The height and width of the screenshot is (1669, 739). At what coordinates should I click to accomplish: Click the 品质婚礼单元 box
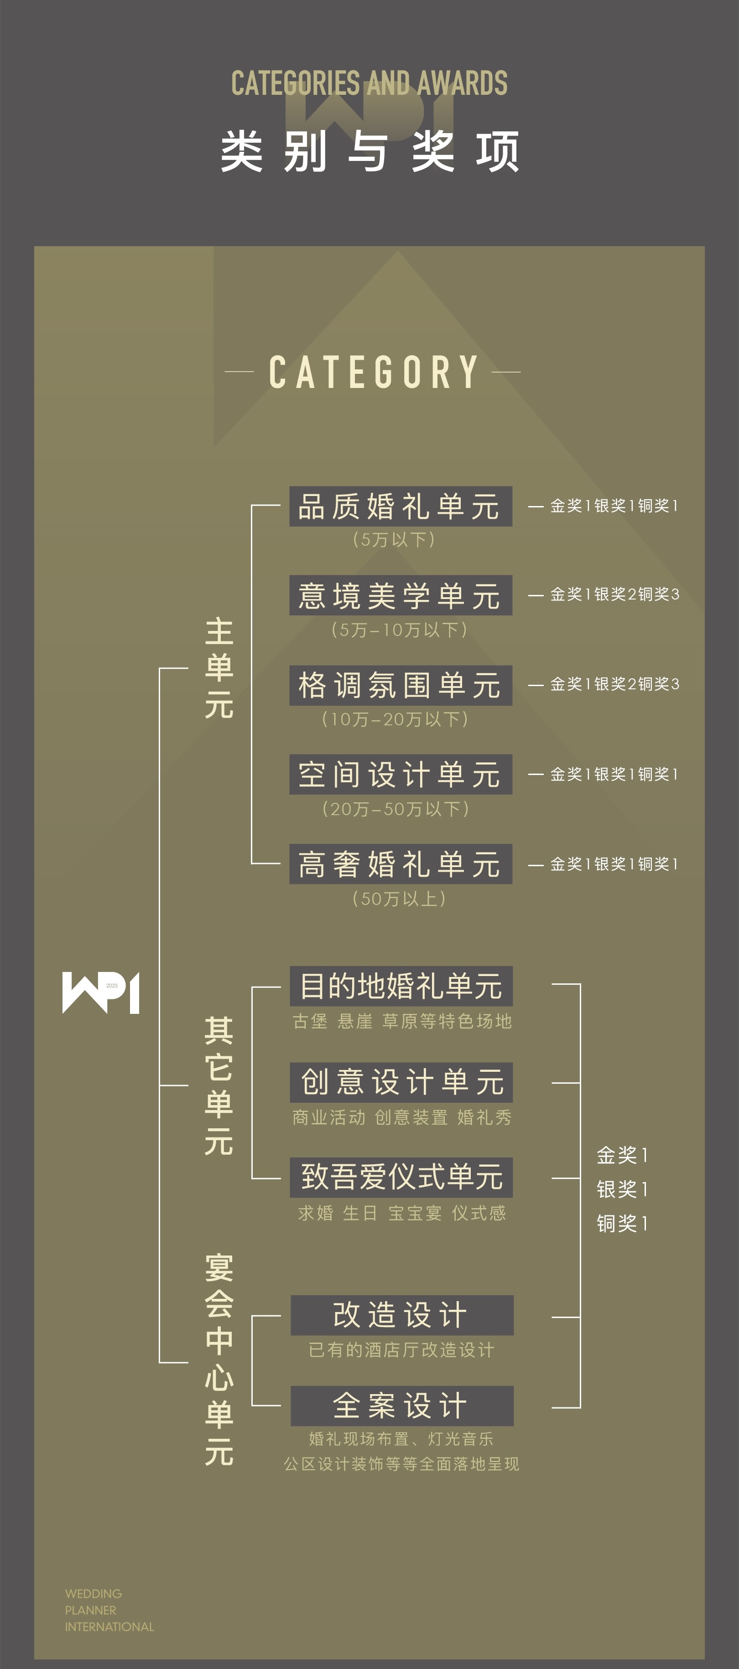tap(401, 506)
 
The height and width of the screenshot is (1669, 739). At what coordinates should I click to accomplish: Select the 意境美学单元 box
tap(401, 595)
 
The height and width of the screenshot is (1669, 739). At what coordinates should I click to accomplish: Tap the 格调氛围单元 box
tap(401, 685)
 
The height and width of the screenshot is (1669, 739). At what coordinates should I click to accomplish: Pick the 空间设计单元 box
tap(401, 774)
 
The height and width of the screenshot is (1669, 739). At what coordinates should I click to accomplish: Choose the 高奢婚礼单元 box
tap(401, 863)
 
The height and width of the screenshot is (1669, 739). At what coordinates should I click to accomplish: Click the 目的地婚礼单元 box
tap(401, 986)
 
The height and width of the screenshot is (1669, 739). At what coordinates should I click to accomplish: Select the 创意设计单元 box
tap(401, 1082)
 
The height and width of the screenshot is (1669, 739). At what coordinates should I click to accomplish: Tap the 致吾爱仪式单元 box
tap(401, 1177)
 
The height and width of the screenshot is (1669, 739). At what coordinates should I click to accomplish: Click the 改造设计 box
tap(402, 1315)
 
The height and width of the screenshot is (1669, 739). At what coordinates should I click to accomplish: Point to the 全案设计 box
tap(402, 1405)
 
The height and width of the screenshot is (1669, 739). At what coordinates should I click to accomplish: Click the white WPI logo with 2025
tap(100, 992)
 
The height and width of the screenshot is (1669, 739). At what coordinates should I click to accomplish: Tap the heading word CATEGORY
tap(374, 372)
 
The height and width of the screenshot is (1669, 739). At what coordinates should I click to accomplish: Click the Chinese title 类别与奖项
tap(369, 151)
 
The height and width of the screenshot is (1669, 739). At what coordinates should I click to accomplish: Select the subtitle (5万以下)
tap(394, 539)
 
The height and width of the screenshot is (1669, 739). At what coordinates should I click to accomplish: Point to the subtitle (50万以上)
tap(399, 898)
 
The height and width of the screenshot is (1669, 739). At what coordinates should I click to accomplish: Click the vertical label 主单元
tap(219, 668)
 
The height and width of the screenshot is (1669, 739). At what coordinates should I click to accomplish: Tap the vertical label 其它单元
tap(219, 1085)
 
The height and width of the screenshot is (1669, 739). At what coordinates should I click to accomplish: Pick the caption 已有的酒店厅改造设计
tap(401, 1349)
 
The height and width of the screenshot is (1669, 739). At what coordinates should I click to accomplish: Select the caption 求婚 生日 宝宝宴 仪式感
tap(401, 1213)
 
